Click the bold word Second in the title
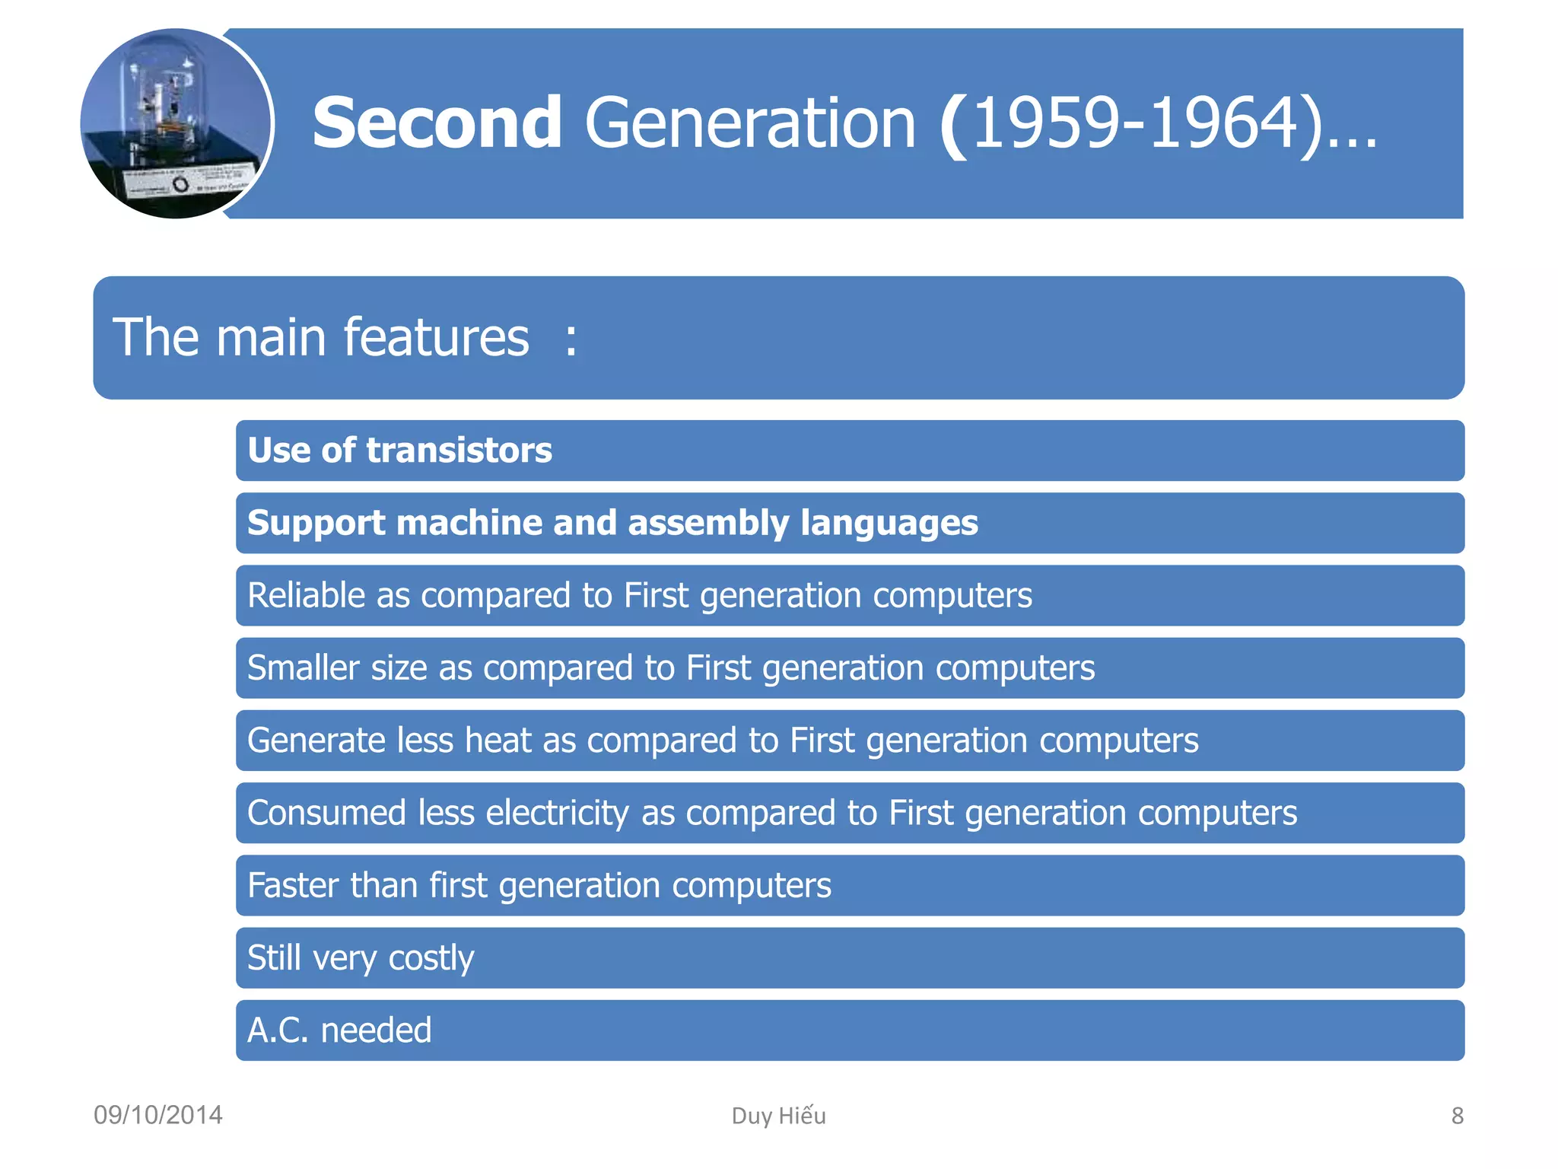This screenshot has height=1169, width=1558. (437, 123)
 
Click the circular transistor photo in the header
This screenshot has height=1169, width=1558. (176, 124)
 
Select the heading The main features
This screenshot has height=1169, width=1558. (320, 337)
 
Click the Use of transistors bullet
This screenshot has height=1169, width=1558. (399, 450)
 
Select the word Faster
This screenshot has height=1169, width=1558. (293, 885)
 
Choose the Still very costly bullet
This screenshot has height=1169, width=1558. (361, 958)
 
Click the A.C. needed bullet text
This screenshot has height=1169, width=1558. (339, 1030)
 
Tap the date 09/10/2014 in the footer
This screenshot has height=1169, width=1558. (157, 1115)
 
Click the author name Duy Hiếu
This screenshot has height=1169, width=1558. (778, 1116)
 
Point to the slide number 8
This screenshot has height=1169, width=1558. (1457, 1116)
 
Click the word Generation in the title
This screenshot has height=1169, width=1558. (750, 123)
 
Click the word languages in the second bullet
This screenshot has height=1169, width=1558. (889, 524)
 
